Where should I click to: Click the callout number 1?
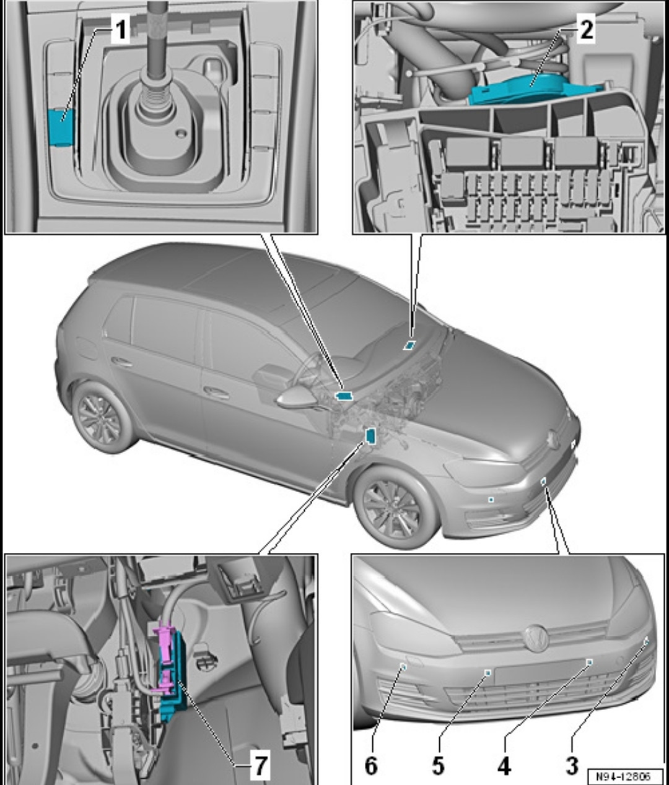(121, 30)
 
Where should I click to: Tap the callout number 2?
(586, 29)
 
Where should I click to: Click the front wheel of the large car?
(394, 508)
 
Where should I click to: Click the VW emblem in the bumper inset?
(536, 638)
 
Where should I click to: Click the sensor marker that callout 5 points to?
(488, 673)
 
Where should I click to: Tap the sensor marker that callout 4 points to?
(590, 662)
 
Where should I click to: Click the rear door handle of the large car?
(123, 362)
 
